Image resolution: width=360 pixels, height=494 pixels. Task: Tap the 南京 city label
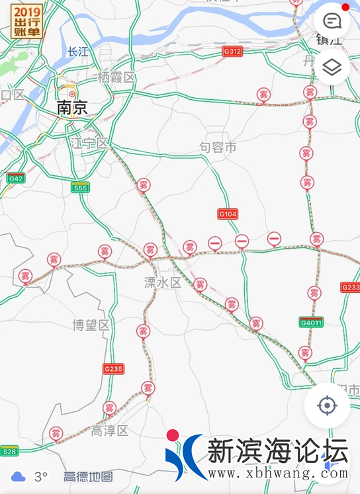click(x=72, y=108)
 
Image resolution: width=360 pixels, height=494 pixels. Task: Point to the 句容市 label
click(x=218, y=147)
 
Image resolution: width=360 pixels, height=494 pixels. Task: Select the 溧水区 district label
click(x=162, y=282)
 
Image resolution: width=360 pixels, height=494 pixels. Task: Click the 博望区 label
click(x=91, y=325)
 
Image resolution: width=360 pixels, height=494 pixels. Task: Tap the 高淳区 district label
click(x=109, y=431)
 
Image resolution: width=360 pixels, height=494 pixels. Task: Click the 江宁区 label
click(x=89, y=143)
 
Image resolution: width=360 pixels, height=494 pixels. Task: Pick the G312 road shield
click(x=232, y=51)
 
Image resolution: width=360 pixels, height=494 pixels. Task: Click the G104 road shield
click(x=228, y=214)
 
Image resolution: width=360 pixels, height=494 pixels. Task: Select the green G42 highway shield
click(x=16, y=179)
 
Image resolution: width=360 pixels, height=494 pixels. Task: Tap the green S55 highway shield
click(x=80, y=188)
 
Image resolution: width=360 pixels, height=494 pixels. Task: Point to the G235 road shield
click(x=113, y=368)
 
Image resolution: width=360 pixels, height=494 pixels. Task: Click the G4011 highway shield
click(x=310, y=323)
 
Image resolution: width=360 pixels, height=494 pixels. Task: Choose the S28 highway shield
click(x=9, y=451)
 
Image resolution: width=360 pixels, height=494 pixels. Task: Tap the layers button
click(x=332, y=67)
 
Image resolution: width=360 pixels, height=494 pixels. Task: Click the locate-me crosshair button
click(x=327, y=405)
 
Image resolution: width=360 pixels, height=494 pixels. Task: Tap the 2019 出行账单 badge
click(x=26, y=21)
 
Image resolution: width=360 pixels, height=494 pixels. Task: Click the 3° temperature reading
click(x=40, y=476)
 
